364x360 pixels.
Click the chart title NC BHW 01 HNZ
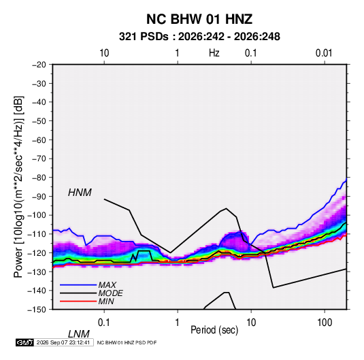tap(199, 19)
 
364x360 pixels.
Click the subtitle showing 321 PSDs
tap(199, 37)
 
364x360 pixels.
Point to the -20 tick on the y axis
tap(39, 65)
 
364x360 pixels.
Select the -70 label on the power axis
tap(39, 159)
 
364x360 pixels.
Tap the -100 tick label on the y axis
tap(37, 215)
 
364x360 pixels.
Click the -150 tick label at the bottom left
tap(37, 310)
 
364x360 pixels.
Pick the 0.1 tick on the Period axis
tap(104, 323)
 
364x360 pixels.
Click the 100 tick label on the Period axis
tap(325, 323)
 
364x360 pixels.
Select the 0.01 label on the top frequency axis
tap(324, 53)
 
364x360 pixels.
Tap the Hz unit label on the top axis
tap(214, 53)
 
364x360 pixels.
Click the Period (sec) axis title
tap(214, 330)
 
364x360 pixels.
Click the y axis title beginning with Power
tap(18, 187)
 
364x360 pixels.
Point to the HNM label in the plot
tap(80, 193)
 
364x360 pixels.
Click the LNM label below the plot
tap(79, 334)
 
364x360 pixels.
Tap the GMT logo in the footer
tap(25, 342)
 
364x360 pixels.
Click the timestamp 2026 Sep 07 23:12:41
tap(63, 342)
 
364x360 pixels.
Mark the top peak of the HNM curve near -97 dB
tap(226, 208)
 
